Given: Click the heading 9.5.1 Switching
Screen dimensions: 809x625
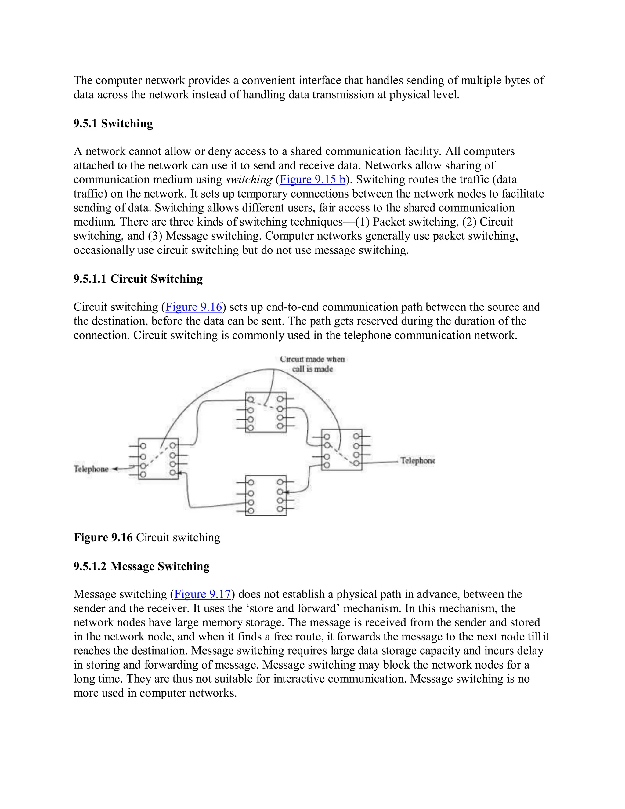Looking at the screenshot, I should click(113, 123).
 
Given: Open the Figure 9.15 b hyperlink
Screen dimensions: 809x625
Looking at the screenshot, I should click(312, 180).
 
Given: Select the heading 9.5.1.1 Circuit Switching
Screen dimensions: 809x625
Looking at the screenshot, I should click(138, 279).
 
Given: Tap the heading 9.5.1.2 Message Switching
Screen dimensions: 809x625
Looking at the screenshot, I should click(141, 566).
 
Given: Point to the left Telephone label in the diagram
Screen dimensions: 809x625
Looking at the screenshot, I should click(91, 469).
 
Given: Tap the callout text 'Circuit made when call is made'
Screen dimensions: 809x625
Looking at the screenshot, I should click(312, 364).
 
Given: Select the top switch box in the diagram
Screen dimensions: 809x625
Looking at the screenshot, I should click(266, 412).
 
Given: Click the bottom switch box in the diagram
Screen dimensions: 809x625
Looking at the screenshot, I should click(266, 495).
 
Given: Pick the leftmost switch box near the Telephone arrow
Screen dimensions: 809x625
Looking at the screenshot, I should click(158, 459).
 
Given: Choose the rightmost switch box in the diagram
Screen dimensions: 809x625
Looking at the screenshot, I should click(341, 450).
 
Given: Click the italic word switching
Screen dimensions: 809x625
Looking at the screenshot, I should click(249, 180).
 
